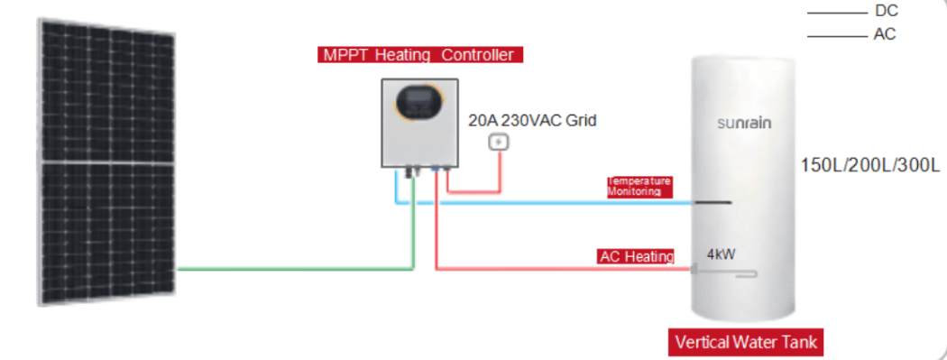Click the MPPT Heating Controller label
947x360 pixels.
point(419,55)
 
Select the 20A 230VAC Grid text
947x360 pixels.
point(532,121)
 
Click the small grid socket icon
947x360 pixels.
point(499,142)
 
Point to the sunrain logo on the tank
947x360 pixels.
point(744,124)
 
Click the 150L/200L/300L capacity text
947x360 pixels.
point(870,165)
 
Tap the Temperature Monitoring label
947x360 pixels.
point(639,187)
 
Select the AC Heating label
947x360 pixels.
point(636,257)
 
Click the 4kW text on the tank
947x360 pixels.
point(722,254)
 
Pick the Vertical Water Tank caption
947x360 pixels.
point(746,343)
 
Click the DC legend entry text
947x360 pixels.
point(886,11)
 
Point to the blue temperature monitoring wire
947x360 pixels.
point(544,203)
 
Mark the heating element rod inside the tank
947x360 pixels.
point(724,273)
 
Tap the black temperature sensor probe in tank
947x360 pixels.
point(713,202)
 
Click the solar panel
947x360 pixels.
point(107,162)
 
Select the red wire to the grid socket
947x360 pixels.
point(473,192)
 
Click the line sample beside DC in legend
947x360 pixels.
point(837,12)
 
